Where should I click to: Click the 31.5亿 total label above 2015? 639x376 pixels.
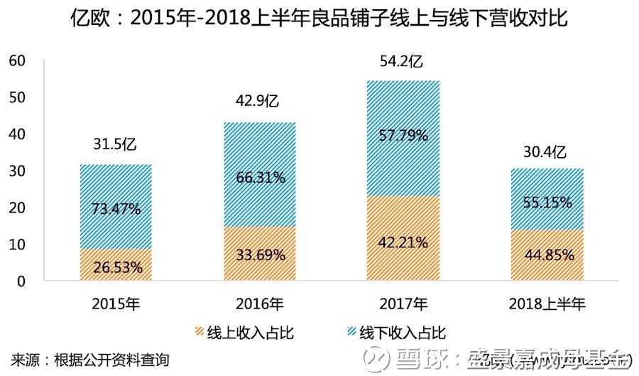[116, 146]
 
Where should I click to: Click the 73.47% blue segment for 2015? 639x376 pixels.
[116, 208]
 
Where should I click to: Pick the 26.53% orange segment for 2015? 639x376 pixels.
[116, 267]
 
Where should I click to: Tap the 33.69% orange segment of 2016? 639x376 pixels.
[259, 254]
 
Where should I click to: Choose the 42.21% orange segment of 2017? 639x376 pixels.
[403, 242]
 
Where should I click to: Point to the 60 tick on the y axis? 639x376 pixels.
[16, 61]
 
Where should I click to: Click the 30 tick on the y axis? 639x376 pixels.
[16, 171]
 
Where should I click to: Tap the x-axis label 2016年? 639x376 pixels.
[259, 304]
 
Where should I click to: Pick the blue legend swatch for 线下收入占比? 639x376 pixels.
[349, 333]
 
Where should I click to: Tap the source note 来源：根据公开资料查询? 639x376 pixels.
[90, 360]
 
